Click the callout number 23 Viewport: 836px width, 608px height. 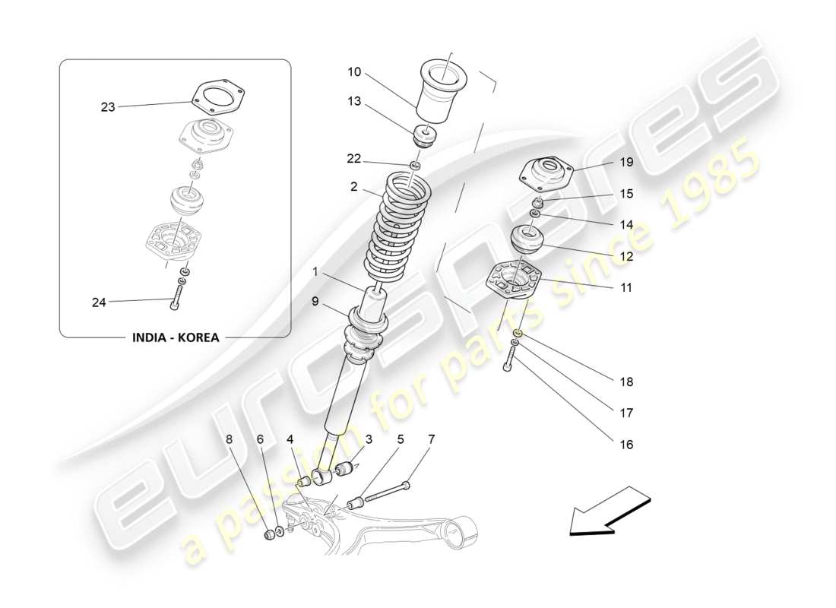108,107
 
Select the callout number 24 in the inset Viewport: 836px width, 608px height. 100,302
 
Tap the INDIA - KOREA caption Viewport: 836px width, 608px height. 174,337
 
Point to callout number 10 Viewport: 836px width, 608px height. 354,72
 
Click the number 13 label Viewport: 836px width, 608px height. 354,101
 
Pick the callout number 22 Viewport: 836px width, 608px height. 354,158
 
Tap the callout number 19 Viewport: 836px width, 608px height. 625,162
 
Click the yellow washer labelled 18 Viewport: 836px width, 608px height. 516,333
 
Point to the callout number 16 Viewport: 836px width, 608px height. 625,445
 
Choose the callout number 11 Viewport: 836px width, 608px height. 625,288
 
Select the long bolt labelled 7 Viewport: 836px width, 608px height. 388,492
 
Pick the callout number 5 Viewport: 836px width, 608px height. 400,439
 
